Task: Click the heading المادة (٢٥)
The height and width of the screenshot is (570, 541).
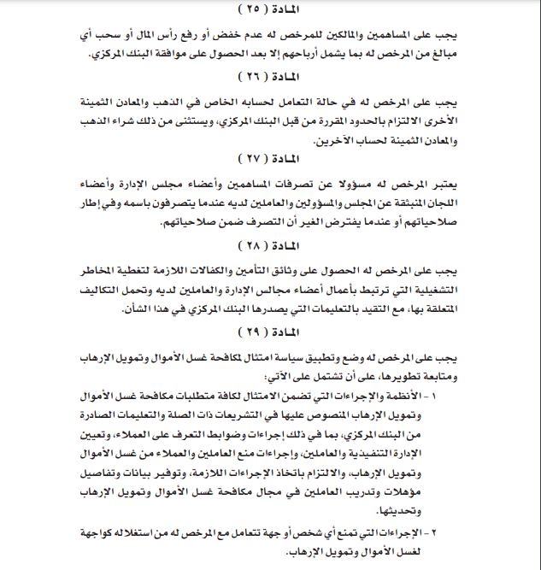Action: point(271,9)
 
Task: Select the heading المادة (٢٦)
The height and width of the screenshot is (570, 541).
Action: point(271,74)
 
